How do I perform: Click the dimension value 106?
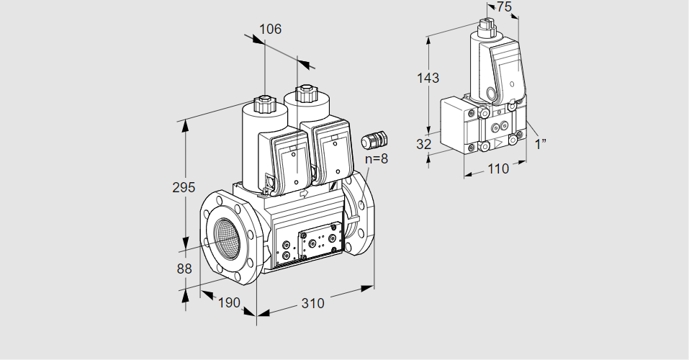pyautogui.click(x=270, y=30)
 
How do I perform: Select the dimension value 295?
pyautogui.click(x=184, y=188)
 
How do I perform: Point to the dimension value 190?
pyautogui.click(x=228, y=303)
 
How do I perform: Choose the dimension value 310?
pyautogui.click(x=312, y=303)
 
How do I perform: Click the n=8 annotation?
pyautogui.click(x=376, y=158)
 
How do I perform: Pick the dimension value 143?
pyautogui.click(x=428, y=78)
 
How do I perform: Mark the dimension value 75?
pyautogui.click(x=504, y=7)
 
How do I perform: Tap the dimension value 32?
pyautogui.click(x=424, y=144)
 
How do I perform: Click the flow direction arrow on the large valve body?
pyautogui.click(x=302, y=193)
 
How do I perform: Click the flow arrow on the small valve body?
pyautogui.click(x=497, y=145)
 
